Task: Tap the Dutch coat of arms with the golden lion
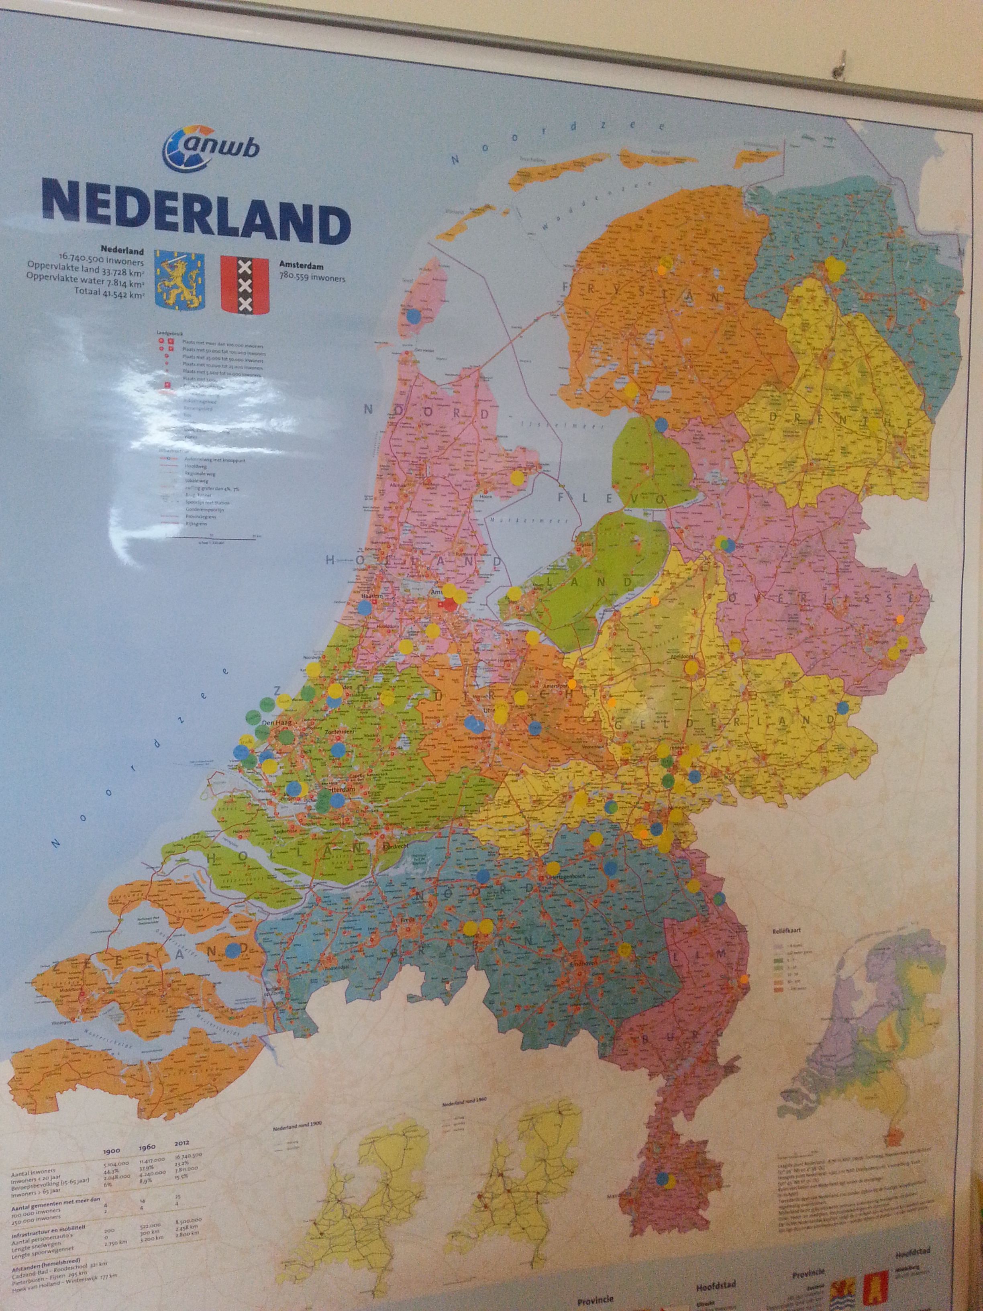pos(179,279)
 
